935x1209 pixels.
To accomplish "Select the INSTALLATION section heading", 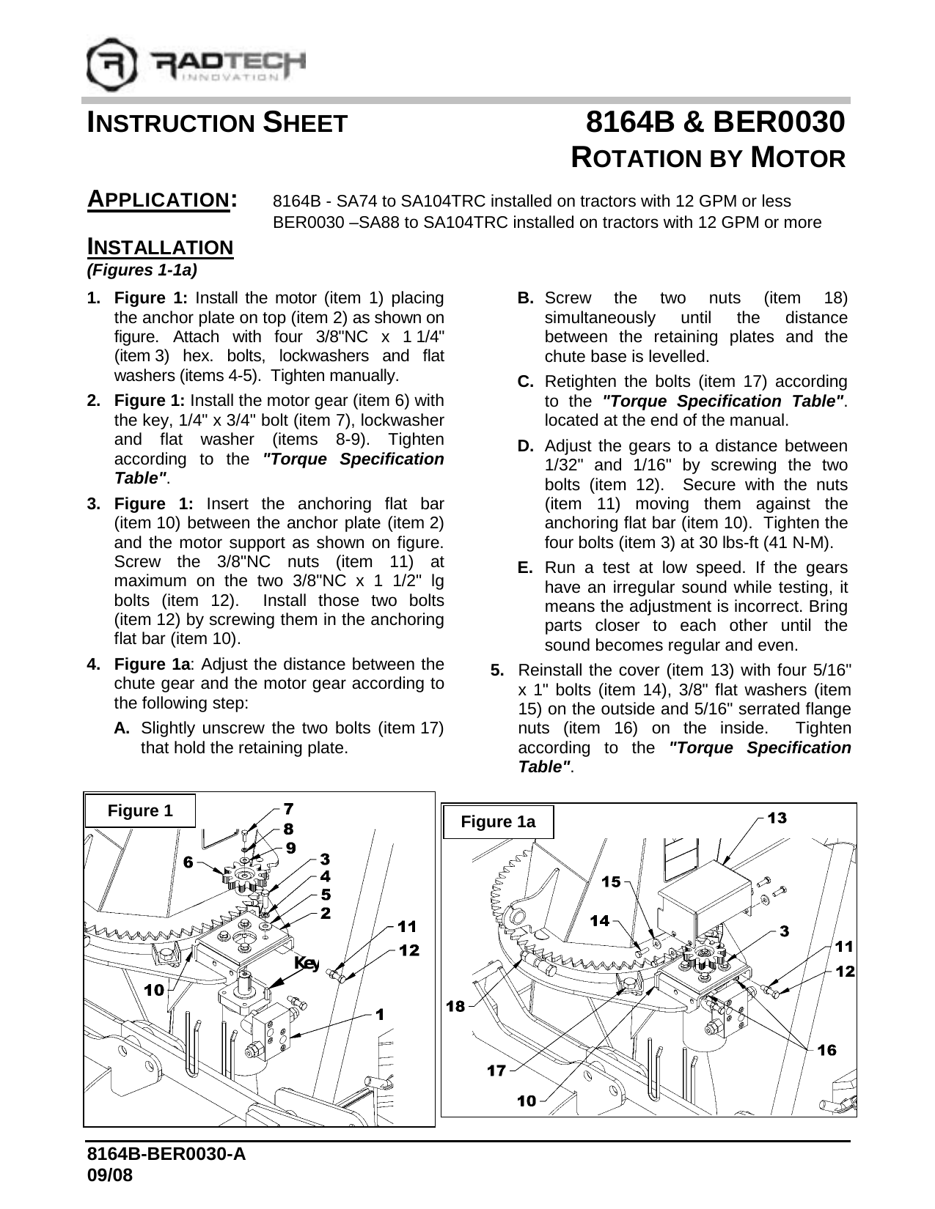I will pos(160,247).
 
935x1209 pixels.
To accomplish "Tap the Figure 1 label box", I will pos(140,811).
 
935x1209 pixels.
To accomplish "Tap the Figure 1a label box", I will pos(498,822).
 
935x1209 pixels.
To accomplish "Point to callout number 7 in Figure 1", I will pos(289,809).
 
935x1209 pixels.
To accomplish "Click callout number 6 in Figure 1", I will pos(188,863).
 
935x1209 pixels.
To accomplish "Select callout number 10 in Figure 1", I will pos(154,991).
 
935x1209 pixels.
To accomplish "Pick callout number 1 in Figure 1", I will pos(379,1015).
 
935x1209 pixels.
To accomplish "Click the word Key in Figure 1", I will pos(306,963).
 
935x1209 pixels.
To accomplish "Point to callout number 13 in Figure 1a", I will pos(777,817).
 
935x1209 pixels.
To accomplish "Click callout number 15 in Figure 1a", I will pos(611,882).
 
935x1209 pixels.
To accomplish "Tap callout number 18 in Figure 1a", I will pos(456,1007).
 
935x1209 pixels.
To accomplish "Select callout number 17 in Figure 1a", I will pos(496,1071).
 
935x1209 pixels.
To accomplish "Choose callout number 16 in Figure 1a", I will pos(826,1051).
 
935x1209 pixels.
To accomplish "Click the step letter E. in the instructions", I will pos(525,568).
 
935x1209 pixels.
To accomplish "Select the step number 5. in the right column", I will pos(497,670).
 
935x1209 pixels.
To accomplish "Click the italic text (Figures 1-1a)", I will pos(142,270).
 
